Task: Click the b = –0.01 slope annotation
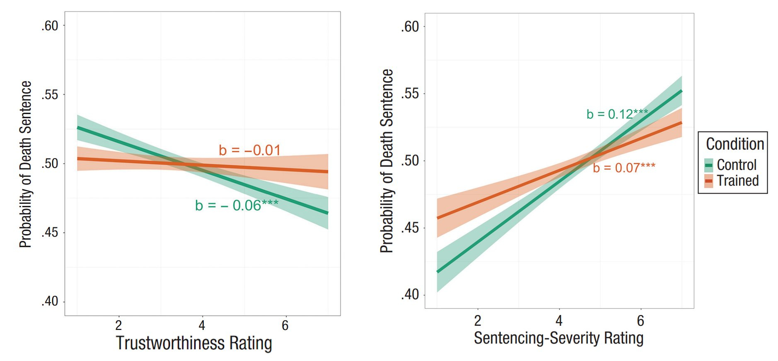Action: (x=250, y=150)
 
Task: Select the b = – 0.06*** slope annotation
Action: (x=237, y=205)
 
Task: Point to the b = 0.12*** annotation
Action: (x=617, y=114)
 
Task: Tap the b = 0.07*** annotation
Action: (x=624, y=168)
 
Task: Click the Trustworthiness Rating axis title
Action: (x=194, y=343)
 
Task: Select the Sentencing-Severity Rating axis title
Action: (x=558, y=338)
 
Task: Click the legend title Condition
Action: (x=735, y=144)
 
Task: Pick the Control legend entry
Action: (x=736, y=165)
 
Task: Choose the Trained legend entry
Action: (x=737, y=181)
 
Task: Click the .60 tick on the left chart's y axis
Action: (x=50, y=26)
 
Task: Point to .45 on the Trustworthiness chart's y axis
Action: (x=50, y=233)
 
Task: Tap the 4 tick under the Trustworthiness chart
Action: (x=202, y=325)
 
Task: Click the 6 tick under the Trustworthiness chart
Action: (x=285, y=325)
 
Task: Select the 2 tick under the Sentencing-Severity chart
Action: (x=478, y=320)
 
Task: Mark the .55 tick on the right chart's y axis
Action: (x=410, y=94)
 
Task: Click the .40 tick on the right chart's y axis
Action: (x=410, y=295)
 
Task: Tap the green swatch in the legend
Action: (x=709, y=165)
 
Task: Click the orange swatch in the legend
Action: (x=709, y=181)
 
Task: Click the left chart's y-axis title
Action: (x=26, y=164)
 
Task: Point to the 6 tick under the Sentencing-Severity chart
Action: (x=640, y=320)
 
